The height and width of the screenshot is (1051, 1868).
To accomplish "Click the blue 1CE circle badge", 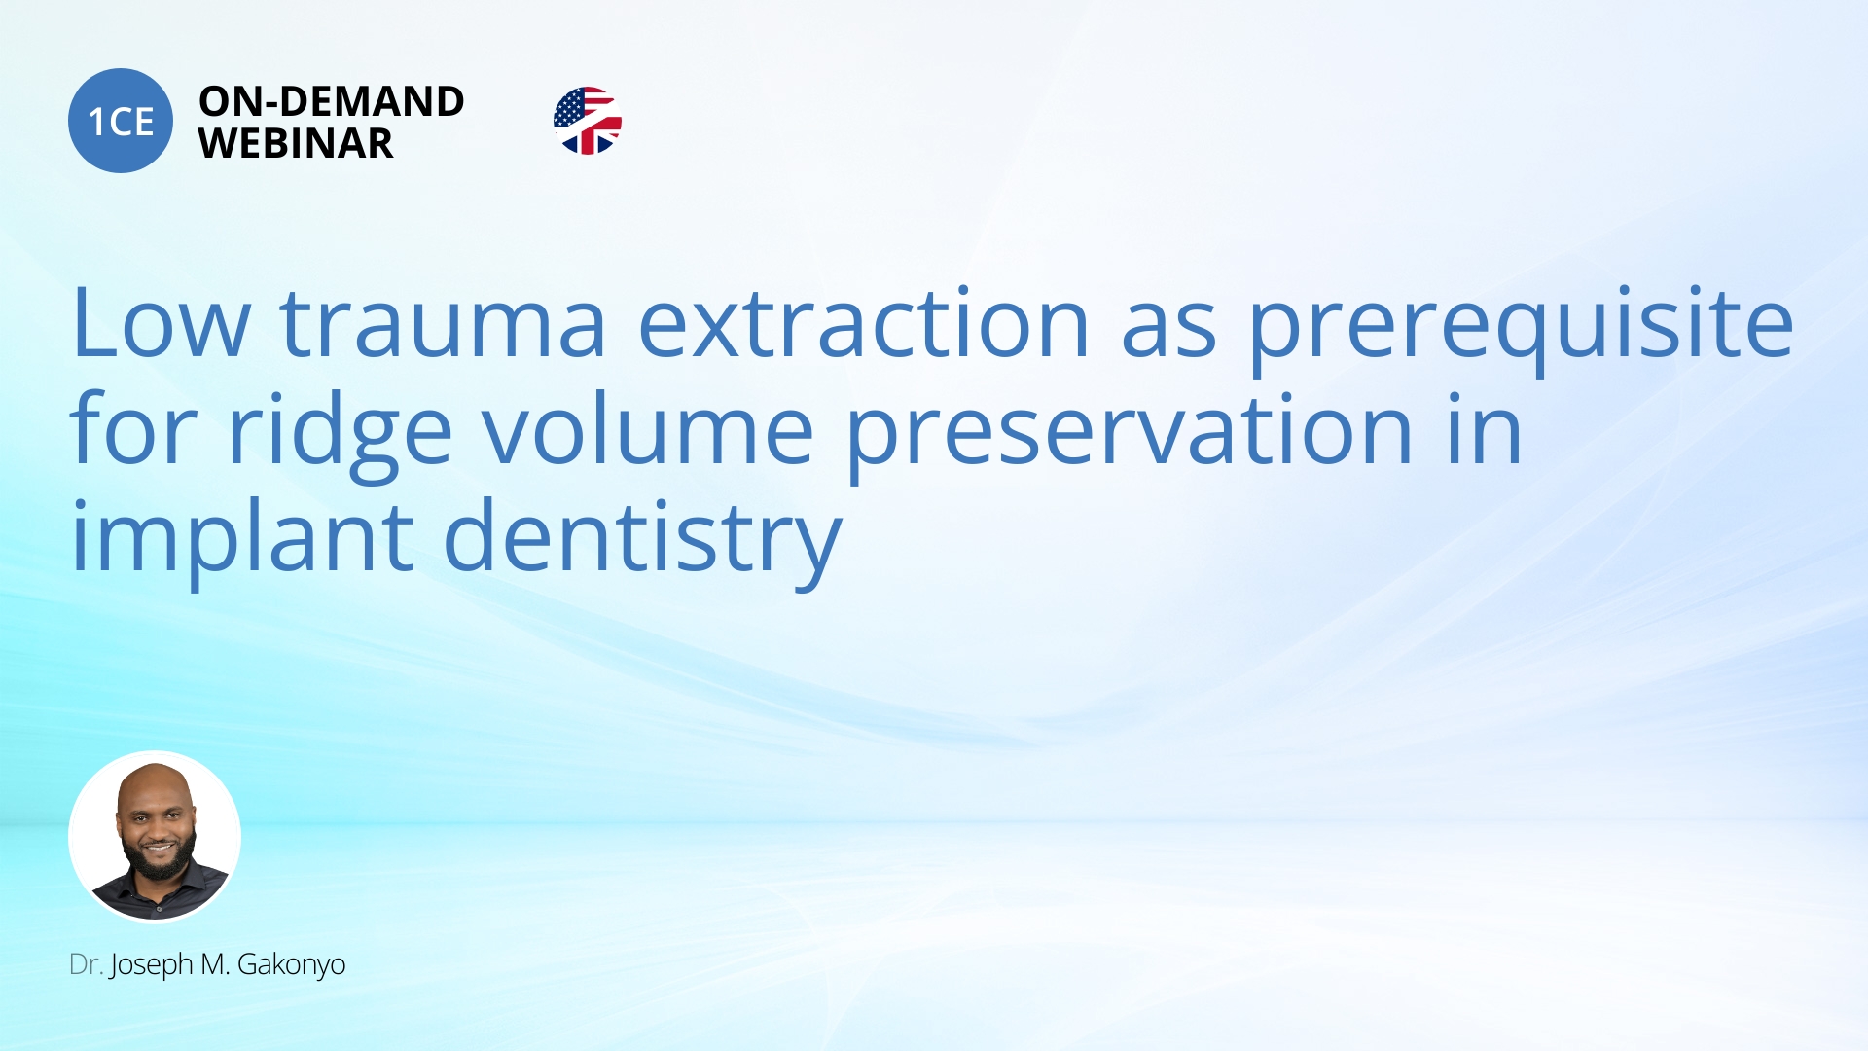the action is (x=121, y=121).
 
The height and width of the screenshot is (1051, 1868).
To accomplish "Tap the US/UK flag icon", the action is (x=588, y=121).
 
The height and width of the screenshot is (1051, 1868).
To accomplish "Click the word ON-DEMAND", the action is (x=332, y=101).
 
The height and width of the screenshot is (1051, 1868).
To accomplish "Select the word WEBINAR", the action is (x=296, y=144).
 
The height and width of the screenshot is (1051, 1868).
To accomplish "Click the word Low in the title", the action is (x=162, y=323).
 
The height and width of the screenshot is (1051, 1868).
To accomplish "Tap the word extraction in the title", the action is (x=864, y=323).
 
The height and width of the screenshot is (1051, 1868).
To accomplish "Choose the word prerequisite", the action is (x=1522, y=331).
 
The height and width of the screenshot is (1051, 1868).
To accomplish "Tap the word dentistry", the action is (x=643, y=543).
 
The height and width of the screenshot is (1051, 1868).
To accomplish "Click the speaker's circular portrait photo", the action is (x=155, y=836).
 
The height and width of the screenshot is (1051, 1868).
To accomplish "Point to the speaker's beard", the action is (x=159, y=855).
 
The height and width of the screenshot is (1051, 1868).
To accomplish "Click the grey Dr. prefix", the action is (x=86, y=964).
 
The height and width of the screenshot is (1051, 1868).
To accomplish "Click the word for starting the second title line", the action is (x=134, y=428).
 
